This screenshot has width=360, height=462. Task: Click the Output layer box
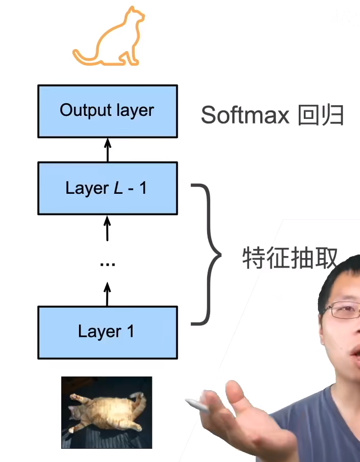pyautogui.click(x=107, y=111)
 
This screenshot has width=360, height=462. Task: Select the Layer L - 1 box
pyautogui.click(x=107, y=188)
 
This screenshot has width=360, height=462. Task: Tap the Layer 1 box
pyautogui.click(x=107, y=332)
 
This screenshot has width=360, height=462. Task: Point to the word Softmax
pyautogui.click(x=245, y=115)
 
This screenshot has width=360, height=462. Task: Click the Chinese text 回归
pyautogui.click(x=321, y=115)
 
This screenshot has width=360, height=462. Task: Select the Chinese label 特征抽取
pyautogui.click(x=290, y=258)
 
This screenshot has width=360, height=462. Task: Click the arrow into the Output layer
pyautogui.click(x=107, y=150)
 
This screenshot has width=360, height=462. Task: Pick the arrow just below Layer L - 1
pyautogui.click(x=107, y=228)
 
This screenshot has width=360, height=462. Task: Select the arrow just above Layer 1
pyautogui.click(x=107, y=294)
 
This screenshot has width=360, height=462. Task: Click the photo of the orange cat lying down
pyautogui.click(x=106, y=412)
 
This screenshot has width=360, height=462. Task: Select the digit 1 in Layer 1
pyautogui.click(x=130, y=332)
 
